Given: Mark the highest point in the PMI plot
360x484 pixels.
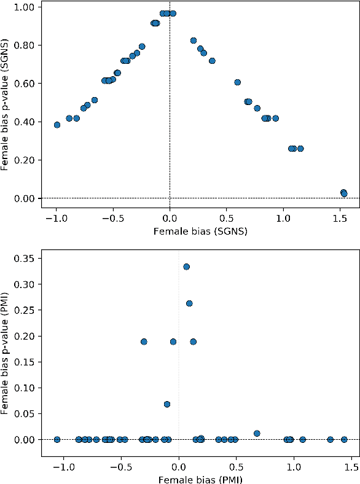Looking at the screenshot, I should coord(186,267).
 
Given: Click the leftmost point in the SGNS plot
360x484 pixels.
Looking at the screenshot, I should coord(57,125).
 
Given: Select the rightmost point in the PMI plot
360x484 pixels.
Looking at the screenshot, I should coord(344,439).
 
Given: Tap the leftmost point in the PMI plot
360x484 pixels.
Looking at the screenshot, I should coord(57,439).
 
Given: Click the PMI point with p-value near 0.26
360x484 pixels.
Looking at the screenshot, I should coord(189,303).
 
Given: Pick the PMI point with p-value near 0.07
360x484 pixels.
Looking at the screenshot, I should coord(166,404).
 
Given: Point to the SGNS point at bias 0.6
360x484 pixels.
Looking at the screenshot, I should coord(237,82).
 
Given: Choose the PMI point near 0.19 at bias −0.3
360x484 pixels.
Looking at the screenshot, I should coord(144,342).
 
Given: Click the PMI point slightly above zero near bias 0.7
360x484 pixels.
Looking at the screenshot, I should coord(257,433).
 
